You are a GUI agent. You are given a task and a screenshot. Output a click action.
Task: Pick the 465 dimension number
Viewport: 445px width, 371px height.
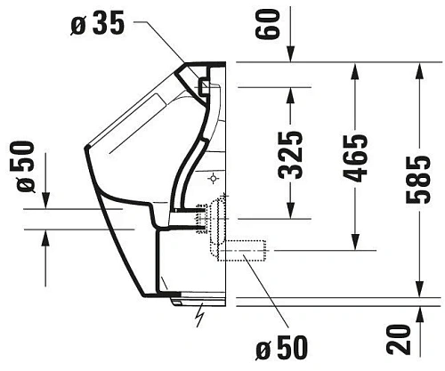pos(355,157)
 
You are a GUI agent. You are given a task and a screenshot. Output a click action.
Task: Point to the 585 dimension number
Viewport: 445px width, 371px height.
pos(417,181)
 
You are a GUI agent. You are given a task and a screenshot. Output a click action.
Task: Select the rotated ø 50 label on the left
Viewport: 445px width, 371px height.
pos(26,168)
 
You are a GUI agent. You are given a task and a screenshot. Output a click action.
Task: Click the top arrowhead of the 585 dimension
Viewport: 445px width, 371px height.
pos(419,70)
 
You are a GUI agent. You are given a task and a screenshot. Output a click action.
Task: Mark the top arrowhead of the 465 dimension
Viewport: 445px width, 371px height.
pos(357,70)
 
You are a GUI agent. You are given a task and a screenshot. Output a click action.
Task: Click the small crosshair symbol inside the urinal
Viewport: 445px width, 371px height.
pos(214,178)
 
